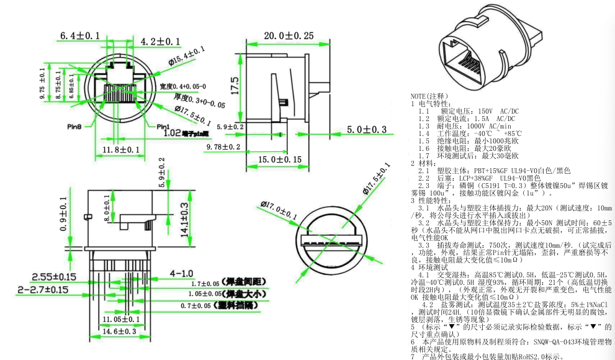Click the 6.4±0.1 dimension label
coord(79,36)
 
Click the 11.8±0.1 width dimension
coord(121,150)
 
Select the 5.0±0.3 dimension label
coord(366,129)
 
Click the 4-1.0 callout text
coord(181,272)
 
